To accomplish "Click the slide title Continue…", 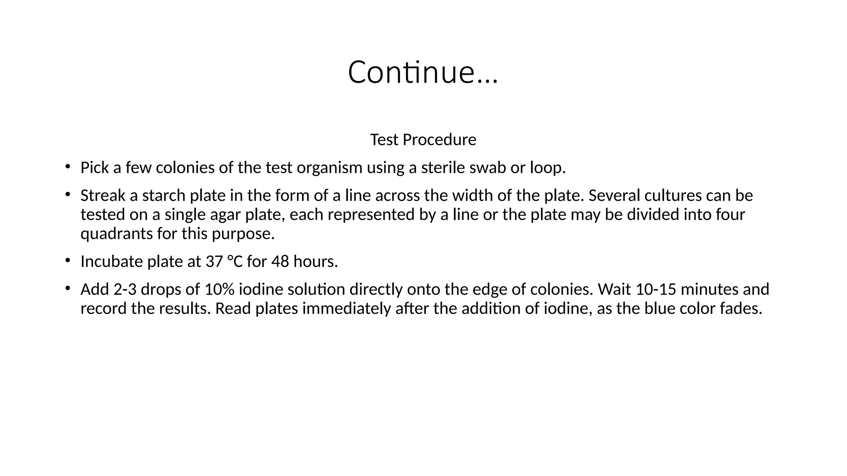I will pos(423,72).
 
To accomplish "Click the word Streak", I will pos(103,195).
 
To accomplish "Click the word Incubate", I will pos(112,262).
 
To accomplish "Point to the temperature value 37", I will pos(215,262).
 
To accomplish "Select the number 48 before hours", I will pos(280,262).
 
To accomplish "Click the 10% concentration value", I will pos(220,289).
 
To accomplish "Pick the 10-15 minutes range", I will pos(656,289).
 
